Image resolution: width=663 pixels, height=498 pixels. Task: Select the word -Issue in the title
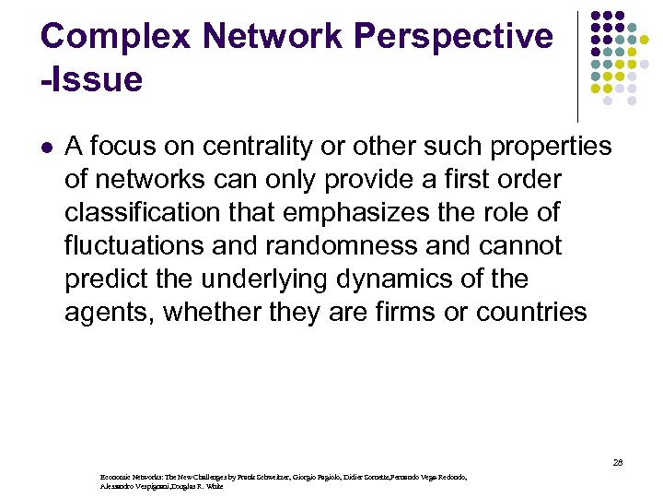pyautogui.click(x=92, y=79)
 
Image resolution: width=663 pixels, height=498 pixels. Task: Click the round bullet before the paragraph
pyautogui.click(x=47, y=147)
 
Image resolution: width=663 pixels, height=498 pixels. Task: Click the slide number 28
pyautogui.click(x=617, y=462)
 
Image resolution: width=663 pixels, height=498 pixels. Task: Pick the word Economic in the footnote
pyautogui.click(x=116, y=478)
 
